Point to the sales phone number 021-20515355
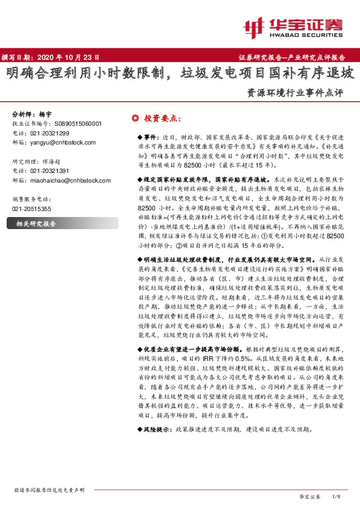[31, 209]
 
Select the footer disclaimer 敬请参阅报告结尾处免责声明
[49, 490]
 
